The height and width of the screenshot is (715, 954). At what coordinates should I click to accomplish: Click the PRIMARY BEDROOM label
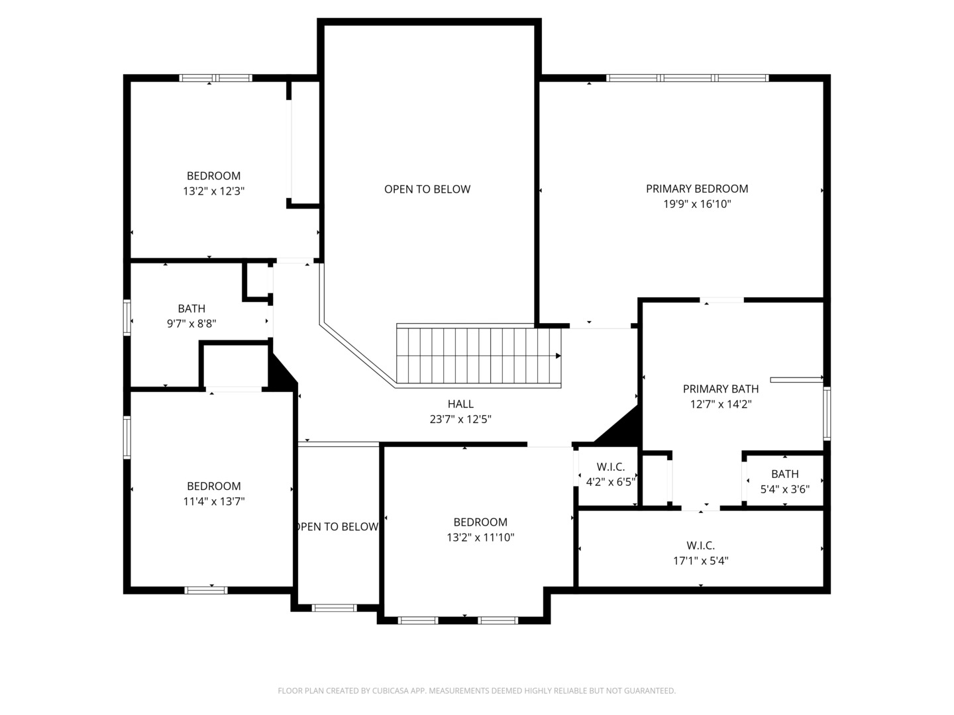(x=697, y=189)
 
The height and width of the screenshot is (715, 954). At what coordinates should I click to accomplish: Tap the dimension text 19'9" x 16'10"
(x=697, y=204)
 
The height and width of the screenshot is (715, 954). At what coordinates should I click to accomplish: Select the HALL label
(x=460, y=404)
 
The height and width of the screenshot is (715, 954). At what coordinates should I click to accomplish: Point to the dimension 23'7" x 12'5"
(x=460, y=419)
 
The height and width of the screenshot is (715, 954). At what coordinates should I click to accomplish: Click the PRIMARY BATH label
(x=721, y=389)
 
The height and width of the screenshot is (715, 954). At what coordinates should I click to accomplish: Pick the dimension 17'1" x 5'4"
(x=701, y=561)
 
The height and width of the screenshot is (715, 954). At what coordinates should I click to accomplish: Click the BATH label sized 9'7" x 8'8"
(x=191, y=309)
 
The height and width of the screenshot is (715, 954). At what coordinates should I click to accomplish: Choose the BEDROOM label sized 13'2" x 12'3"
(x=213, y=175)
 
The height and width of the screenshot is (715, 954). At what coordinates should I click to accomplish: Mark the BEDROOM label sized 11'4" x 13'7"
(x=213, y=486)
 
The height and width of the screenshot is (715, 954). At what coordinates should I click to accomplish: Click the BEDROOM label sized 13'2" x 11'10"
(x=480, y=522)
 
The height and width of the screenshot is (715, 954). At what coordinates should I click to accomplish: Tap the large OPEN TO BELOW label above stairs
(x=427, y=189)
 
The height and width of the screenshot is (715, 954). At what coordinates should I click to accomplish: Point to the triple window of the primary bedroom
(x=687, y=78)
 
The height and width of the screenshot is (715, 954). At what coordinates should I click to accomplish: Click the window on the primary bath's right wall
(x=826, y=414)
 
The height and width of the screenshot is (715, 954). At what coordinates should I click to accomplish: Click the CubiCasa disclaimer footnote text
(x=476, y=691)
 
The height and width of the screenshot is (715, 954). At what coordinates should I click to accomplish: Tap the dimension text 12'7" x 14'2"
(x=721, y=404)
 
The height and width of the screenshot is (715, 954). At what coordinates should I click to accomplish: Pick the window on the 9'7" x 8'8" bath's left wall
(x=127, y=318)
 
